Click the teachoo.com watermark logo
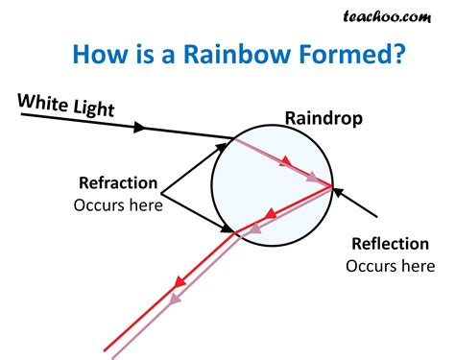[398, 16]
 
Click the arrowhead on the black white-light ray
[142, 126]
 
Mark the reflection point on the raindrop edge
[332, 185]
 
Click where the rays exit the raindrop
[237, 232]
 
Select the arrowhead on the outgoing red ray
[178, 283]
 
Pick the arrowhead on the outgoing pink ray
[175, 300]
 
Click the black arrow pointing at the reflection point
[357, 202]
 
